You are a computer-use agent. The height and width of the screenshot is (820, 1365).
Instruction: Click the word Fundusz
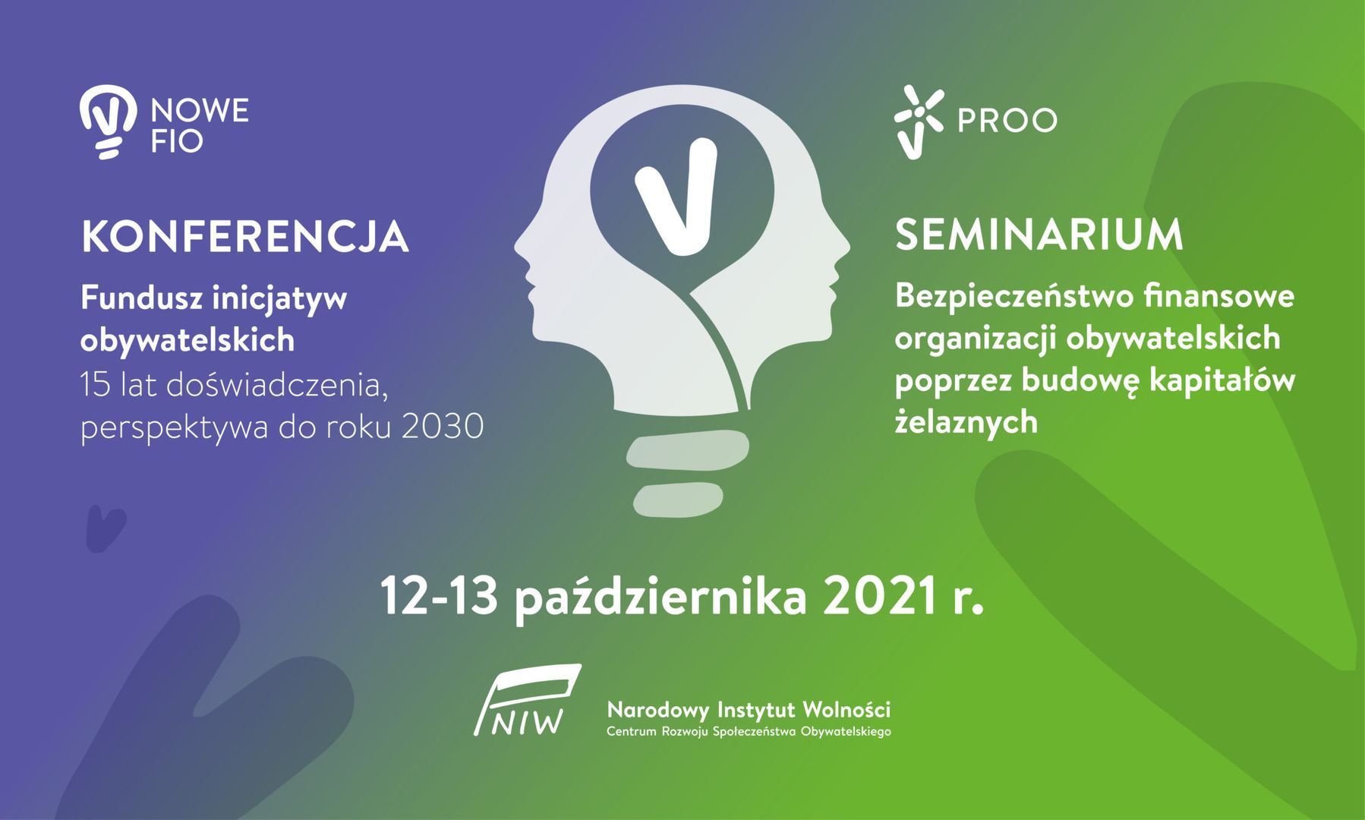[x=141, y=298]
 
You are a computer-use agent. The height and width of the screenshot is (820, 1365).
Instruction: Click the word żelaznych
[x=966, y=422]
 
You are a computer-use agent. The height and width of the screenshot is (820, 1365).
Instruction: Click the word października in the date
[x=660, y=598]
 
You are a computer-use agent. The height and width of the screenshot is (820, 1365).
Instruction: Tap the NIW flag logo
[x=527, y=700]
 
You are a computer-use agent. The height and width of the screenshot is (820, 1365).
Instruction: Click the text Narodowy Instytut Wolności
[x=749, y=711]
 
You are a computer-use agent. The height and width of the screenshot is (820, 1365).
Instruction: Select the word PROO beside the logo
[x=1007, y=120]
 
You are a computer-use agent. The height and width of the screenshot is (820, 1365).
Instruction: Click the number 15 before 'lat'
[x=96, y=386]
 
